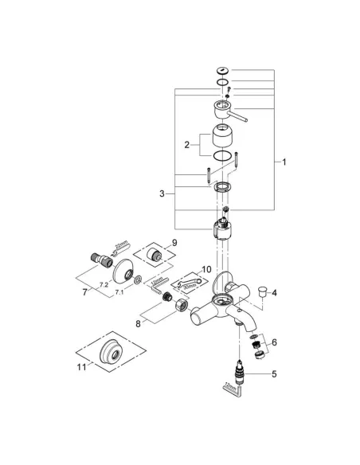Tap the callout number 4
[x=274, y=294]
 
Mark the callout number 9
[x=174, y=242]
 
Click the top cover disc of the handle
[x=222, y=71]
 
